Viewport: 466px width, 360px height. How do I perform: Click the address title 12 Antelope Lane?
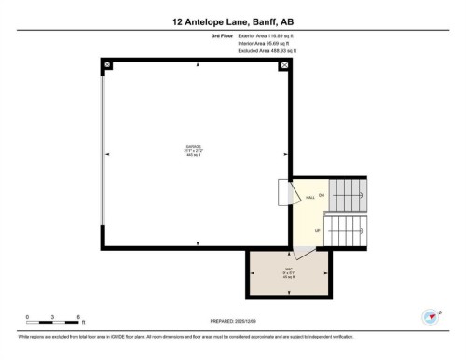coord(232,20)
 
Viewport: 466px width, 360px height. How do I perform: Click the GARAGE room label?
coord(197,151)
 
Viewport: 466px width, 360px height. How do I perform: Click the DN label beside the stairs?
coord(322,195)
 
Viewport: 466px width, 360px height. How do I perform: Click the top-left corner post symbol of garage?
coord(108,65)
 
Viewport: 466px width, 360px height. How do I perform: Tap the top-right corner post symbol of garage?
coord(285,65)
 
